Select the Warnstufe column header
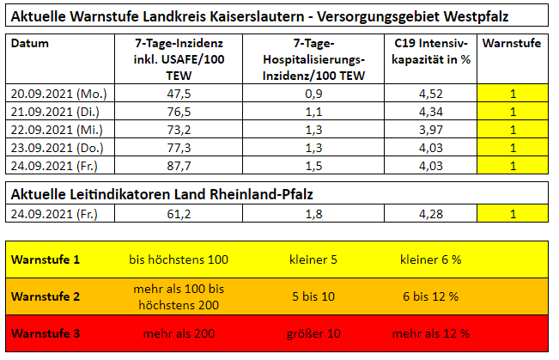[x=512, y=43]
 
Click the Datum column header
[x=31, y=43]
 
